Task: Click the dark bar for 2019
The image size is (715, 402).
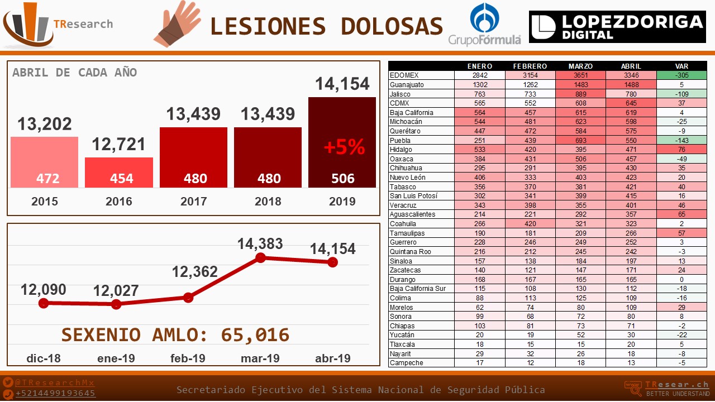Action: tap(342, 142)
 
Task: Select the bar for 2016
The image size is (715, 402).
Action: tap(119, 173)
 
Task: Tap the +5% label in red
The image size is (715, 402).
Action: tap(345, 147)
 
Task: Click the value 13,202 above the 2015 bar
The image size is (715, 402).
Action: tap(45, 124)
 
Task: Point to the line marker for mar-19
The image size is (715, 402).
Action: tap(260, 257)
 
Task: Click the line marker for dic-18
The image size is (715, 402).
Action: tap(44, 303)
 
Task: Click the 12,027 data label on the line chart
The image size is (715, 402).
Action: tap(116, 291)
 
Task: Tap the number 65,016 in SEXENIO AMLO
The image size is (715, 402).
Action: tap(255, 335)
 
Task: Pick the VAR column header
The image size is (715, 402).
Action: tap(681, 66)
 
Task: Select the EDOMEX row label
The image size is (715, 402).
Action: tap(404, 75)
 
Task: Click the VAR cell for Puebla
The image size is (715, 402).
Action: tap(681, 140)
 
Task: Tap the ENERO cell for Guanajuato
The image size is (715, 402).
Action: tap(480, 85)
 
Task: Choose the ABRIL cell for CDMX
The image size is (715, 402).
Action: tap(631, 103)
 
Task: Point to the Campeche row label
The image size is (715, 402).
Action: tap(406, 363)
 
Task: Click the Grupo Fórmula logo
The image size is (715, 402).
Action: tap(484, 24)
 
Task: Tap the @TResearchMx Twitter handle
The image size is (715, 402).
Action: tap(54, 383)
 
